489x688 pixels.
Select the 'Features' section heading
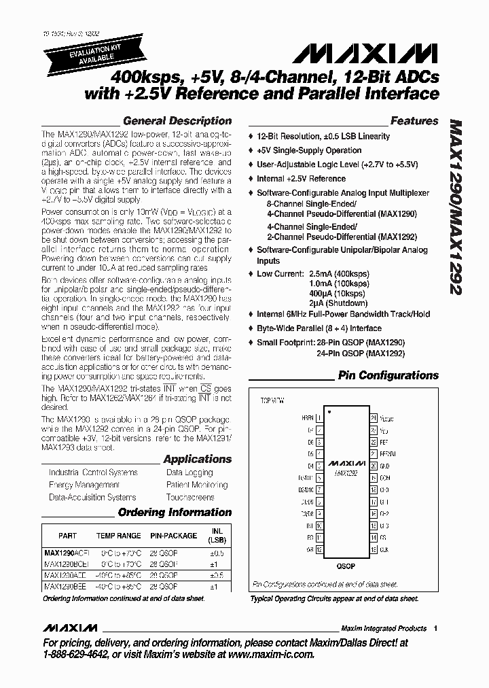click(414, 121)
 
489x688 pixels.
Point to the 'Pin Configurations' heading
click(388, 375)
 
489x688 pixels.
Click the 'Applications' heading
click(197, 460)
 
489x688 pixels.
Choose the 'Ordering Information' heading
click(175, 513)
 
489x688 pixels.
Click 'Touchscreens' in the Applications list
click(190, 498)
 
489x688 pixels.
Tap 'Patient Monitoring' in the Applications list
click(196, 485)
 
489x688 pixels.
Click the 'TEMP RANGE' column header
click(118, 536)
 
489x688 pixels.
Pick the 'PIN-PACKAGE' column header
click(173, 536)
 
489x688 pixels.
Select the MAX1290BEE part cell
click(65, 586)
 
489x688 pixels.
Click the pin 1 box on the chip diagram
click(319, 418)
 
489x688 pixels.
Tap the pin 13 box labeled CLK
click(373, 549)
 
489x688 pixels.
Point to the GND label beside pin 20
click(384, 466)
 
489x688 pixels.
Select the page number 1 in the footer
click(435, 628)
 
